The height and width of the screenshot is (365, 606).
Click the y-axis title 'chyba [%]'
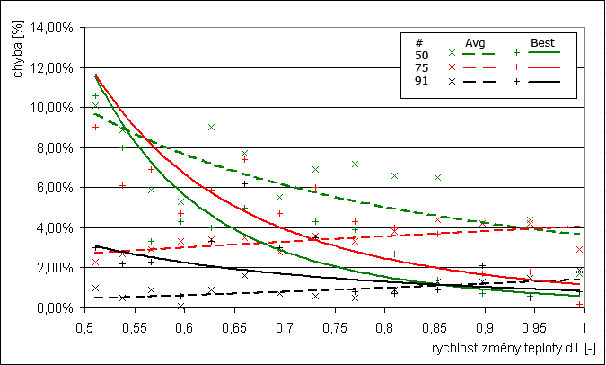19,53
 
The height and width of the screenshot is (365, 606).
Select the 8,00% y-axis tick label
56,147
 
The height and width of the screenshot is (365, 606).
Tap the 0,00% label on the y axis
56,307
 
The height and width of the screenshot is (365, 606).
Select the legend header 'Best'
542,41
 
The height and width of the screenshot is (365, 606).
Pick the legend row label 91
422,81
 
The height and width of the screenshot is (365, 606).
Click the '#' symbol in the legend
419,41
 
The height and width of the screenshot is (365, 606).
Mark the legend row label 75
422,67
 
